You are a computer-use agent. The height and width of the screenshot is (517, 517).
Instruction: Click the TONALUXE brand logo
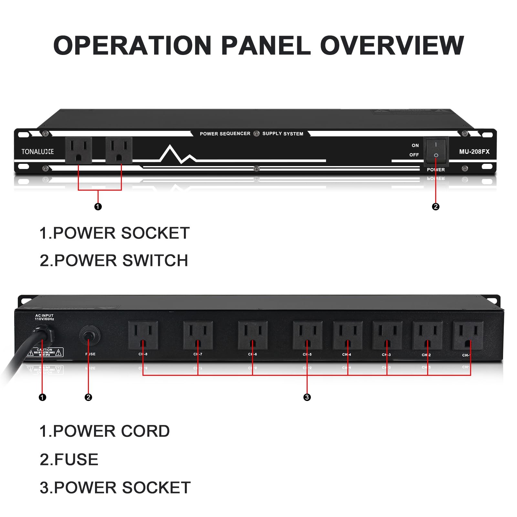tap(37, 152)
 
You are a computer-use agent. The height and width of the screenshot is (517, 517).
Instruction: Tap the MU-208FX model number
tap(474, 152)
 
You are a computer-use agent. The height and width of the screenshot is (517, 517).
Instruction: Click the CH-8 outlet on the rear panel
tap(143, 335)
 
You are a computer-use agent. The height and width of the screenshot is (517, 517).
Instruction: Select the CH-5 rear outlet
tap(307, 335)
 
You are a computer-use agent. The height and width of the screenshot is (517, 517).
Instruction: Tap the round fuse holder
tap(89, 335)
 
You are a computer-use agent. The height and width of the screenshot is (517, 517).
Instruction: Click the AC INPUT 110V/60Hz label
tap(44, 317)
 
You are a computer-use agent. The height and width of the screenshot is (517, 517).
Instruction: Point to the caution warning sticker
tap(45, 352)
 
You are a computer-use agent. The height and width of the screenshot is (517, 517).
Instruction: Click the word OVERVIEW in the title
tap(392, 45)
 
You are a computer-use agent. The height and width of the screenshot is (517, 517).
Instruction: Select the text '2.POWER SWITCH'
tap(114, 260)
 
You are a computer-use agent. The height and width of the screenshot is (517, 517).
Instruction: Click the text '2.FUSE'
tap(69, 459)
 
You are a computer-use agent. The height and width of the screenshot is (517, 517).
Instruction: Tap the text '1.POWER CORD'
tap(104, 431)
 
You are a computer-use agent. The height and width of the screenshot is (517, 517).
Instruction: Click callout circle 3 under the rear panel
tap(307, 397)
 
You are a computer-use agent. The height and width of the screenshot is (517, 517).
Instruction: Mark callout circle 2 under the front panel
tap(436, 206)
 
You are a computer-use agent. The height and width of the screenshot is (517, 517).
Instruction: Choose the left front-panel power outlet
tap(79, 150)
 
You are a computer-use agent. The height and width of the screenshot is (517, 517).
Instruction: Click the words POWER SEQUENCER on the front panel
tap(225, 134)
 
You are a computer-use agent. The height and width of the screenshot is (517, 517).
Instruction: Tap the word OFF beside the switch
tap(414, 155)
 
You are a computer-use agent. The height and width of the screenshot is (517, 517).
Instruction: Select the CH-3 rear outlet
tap(387, 335)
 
